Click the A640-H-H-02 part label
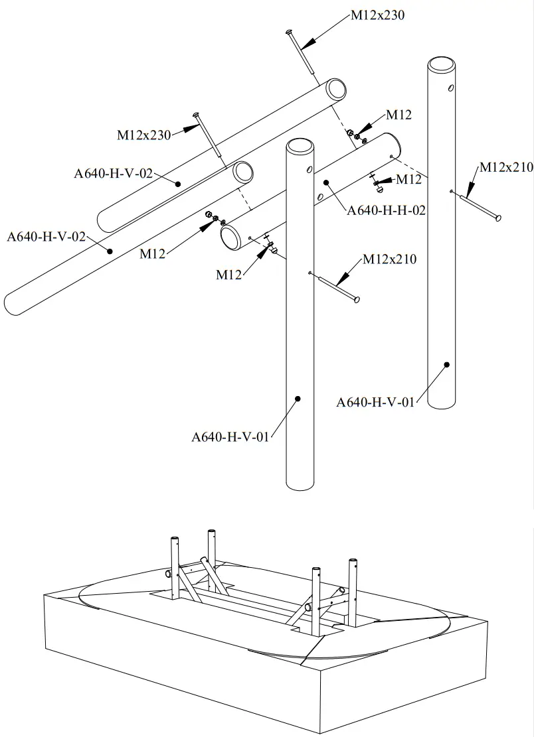[386, 210]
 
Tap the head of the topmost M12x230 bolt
[289, 31]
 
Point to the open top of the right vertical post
[441, 64]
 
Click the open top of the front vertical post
[299, 146]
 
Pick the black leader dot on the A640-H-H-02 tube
[327, 181]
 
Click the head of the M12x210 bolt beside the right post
[497, 217]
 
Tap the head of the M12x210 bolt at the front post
[357, 300]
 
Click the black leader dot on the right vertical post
[447, 364]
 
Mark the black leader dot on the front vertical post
[298, 399]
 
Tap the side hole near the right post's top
[452, 88]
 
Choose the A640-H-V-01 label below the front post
[230, 436]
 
